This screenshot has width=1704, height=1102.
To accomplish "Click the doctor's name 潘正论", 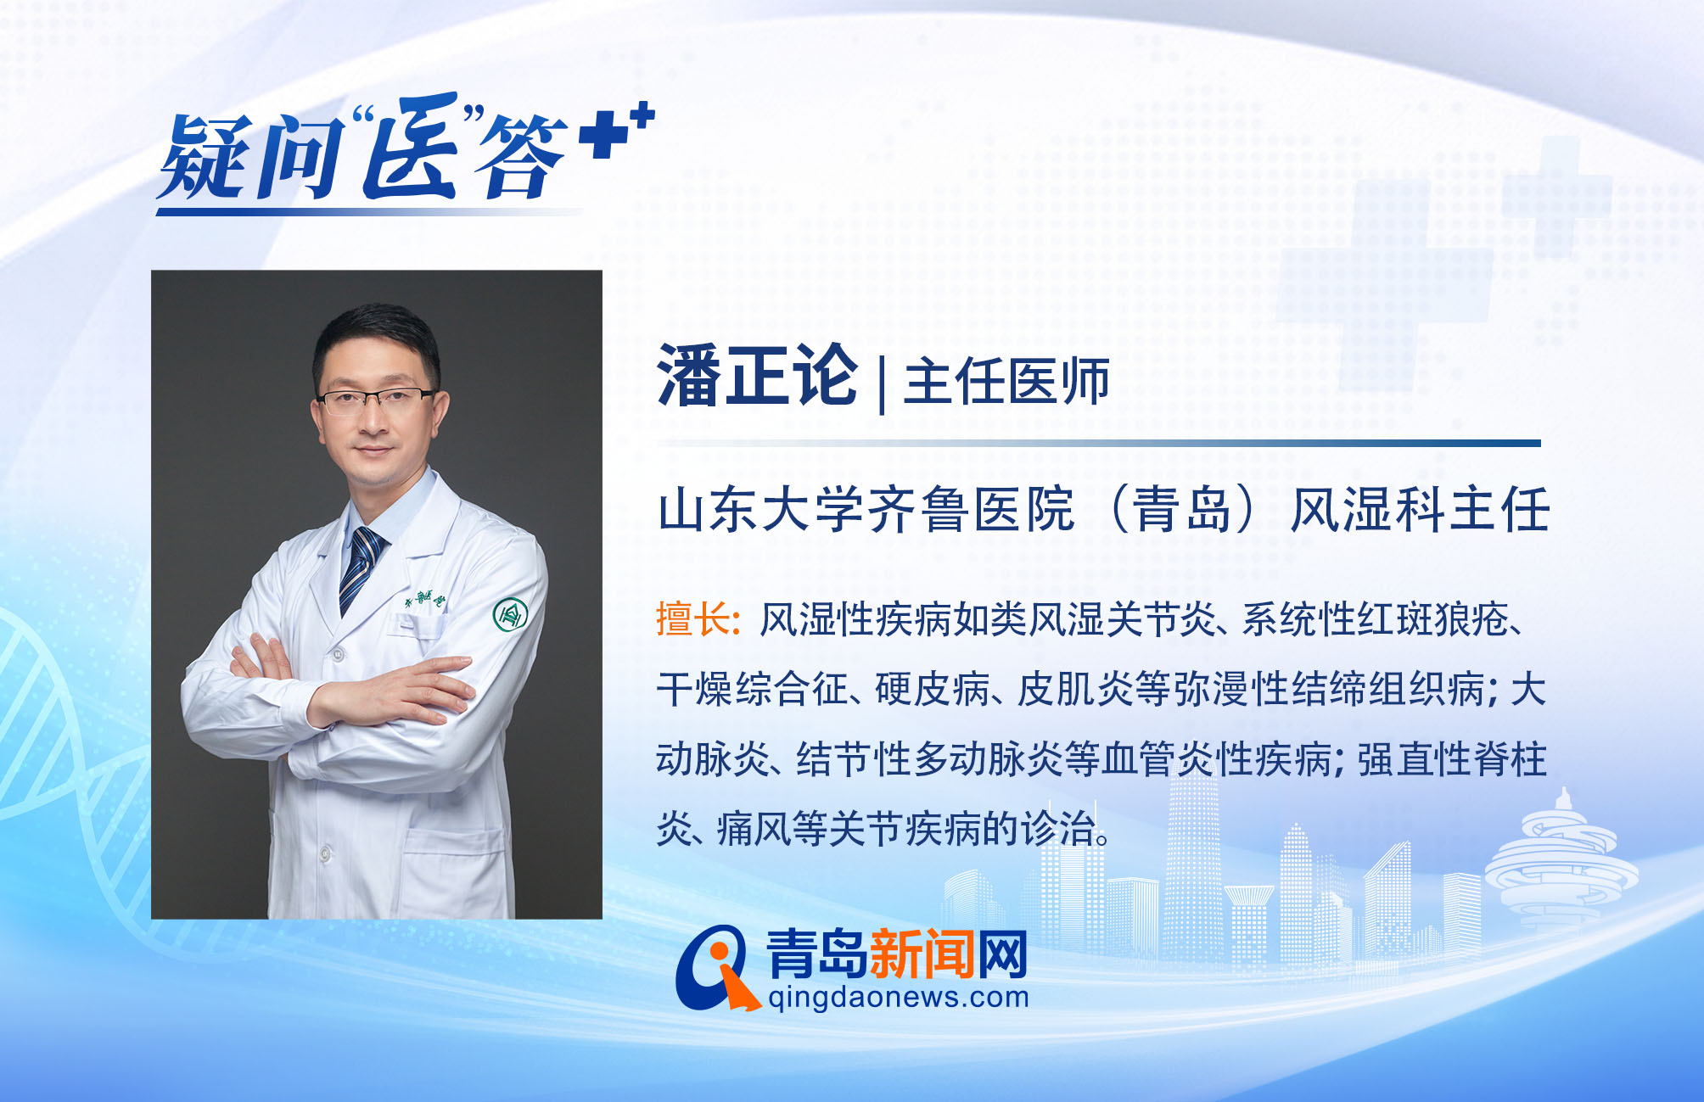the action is pyautogui.click(x=757, y=375).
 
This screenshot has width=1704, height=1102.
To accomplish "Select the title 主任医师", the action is pyautogui.click(x=1007, y=381).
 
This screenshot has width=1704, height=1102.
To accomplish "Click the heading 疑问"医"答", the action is pyautogui.click(x=365, y=148).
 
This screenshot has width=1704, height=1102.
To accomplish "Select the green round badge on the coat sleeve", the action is pyautogui.click(x=511, y=615).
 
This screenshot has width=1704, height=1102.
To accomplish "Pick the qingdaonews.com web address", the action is pyautogui.click(x=898, y=997).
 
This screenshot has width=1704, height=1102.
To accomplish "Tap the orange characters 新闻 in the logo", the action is pyautogui.click(x=922, y=954).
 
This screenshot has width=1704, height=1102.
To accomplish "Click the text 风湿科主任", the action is pyautogui.click(x=1421, y=510).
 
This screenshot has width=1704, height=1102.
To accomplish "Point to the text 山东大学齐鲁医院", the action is pyautogui.click(x=866, y=510).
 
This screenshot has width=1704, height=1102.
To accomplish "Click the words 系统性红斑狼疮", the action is pyautogui.click(x=1376, y=620).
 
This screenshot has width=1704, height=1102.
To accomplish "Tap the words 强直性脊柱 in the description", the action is pyautogui.click(x=1452, y=759).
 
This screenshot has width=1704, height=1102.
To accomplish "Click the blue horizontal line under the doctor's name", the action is pyautogui.click(x=1099, y=443).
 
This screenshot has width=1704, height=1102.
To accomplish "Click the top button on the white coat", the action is pyautogui.click(x=338, y=654).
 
